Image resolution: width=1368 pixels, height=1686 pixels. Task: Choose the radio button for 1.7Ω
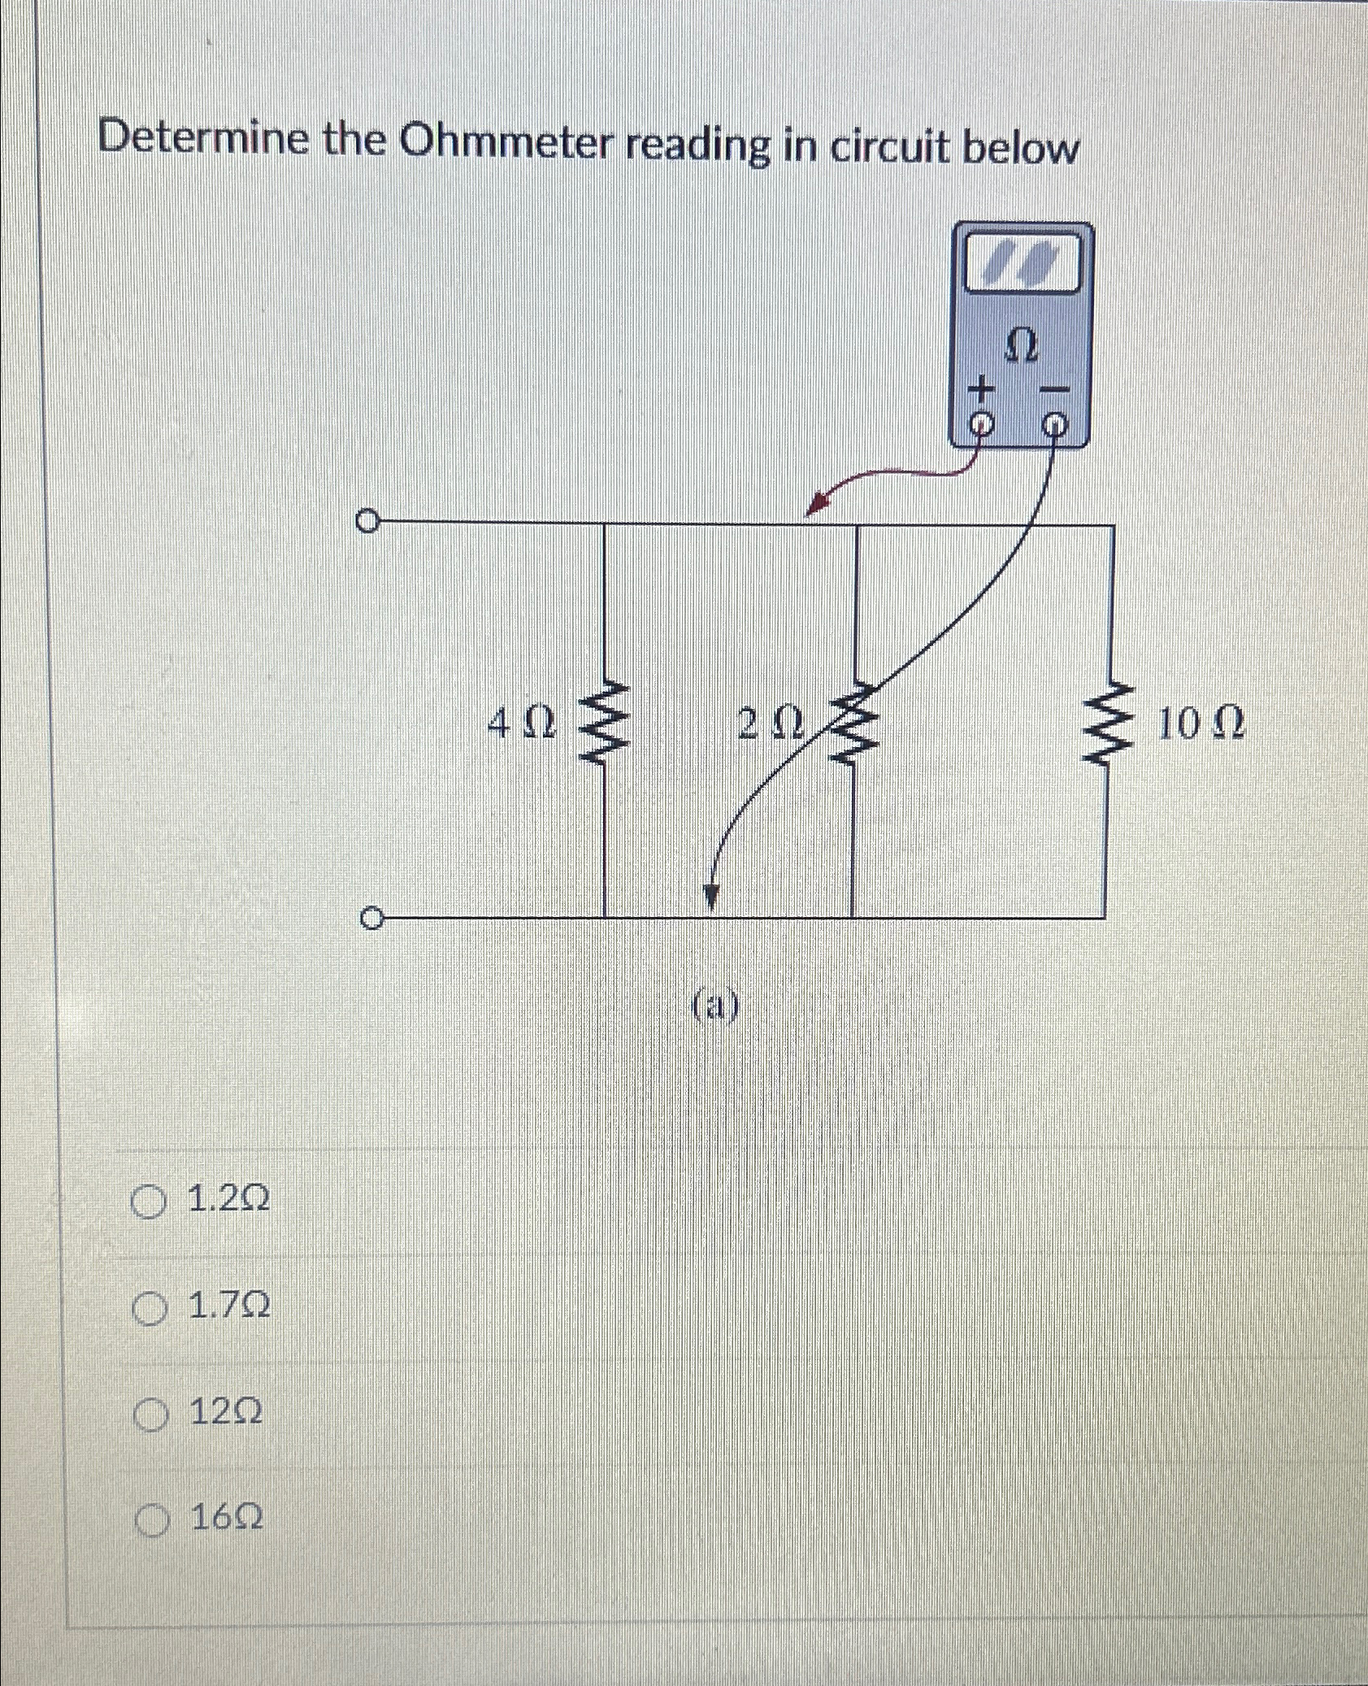point(148,1308)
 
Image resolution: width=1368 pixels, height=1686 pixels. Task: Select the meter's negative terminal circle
point(1054,424)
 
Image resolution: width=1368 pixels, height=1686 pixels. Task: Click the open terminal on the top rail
point(367,519)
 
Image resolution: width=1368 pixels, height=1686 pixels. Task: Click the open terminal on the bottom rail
point(370,919)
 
